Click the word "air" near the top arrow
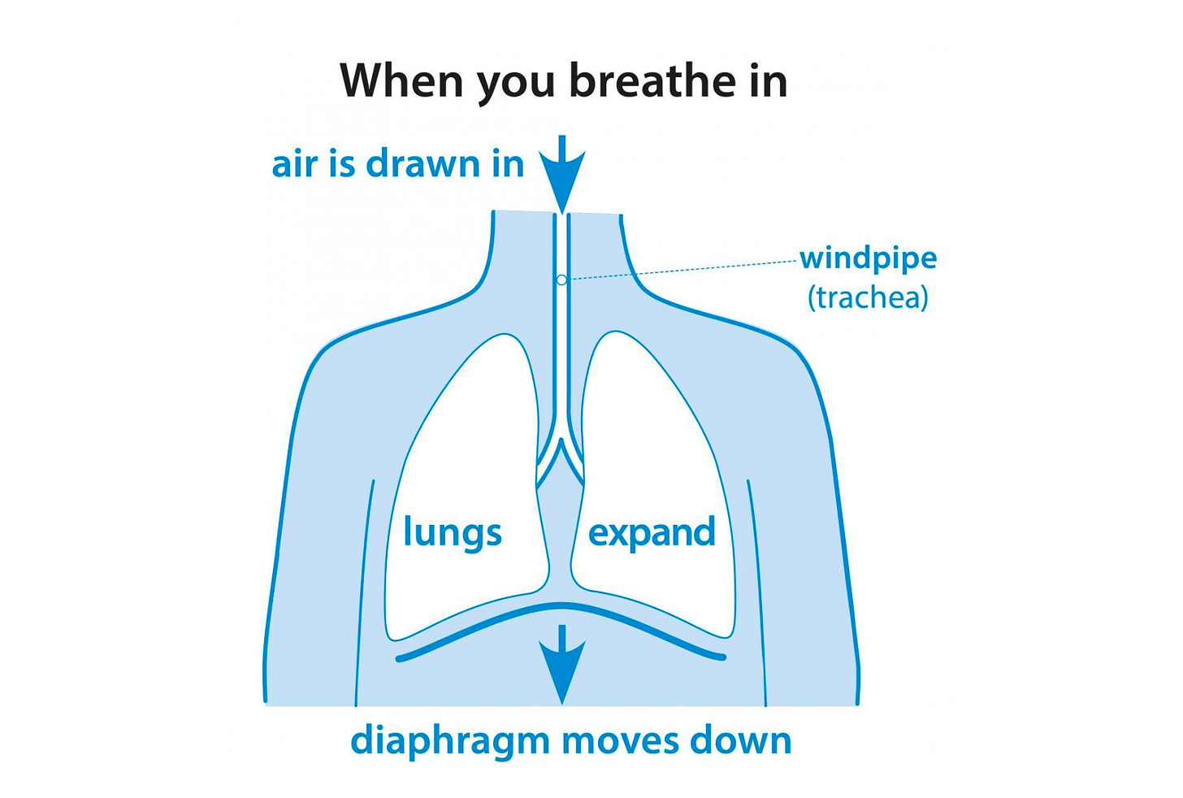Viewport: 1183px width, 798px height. (x=292, y=166)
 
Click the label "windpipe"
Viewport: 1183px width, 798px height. (x=868, y=258)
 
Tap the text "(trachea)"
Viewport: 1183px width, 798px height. (x=868, y=297)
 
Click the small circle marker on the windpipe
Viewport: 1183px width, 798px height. (x=561, y=280)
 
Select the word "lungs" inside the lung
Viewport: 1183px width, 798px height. (x=453, y=533)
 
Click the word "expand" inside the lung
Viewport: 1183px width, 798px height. (x=652, y=533)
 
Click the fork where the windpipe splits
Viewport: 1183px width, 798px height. (x=561, y=445)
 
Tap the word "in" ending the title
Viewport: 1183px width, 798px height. (x=767, y=80)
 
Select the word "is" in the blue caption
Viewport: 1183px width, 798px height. (x=342, y=164)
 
